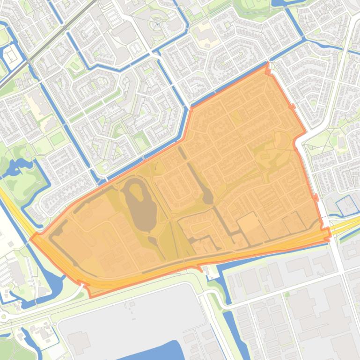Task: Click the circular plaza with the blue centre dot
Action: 157,23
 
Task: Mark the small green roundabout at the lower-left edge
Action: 4,317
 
